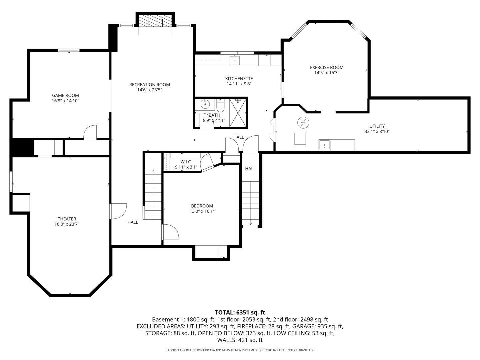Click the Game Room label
pyautogui.click(x=65, y=95)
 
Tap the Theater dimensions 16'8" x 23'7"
pyautogui.click(x=67, y=224)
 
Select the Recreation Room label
pyautogui.click(x=149, y=85)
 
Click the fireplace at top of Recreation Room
pyautogui.click(x=155, y=23)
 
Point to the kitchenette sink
pyautogui.click(x=234, y=60)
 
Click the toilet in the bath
pyautogui.click(x=220, y=106)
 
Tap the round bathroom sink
pyautogui.click(x=205, y=104)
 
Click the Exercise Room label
pyautogui.click(x=326, y=67)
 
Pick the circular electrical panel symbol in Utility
pyautogui.click(x=303, y=123)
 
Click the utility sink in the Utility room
pyautogui.click(x=324, y=145)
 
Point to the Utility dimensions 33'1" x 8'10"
pyautogui.click(x=377, y=131)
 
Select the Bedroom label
pyautogui.click(x=202, y=206)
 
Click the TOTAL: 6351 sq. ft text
pyautogui.click(x=240, y=312)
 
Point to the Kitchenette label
pyautogui.click(x=239, y=79)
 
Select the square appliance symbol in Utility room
pyautogui.click(x=300, y=138)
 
